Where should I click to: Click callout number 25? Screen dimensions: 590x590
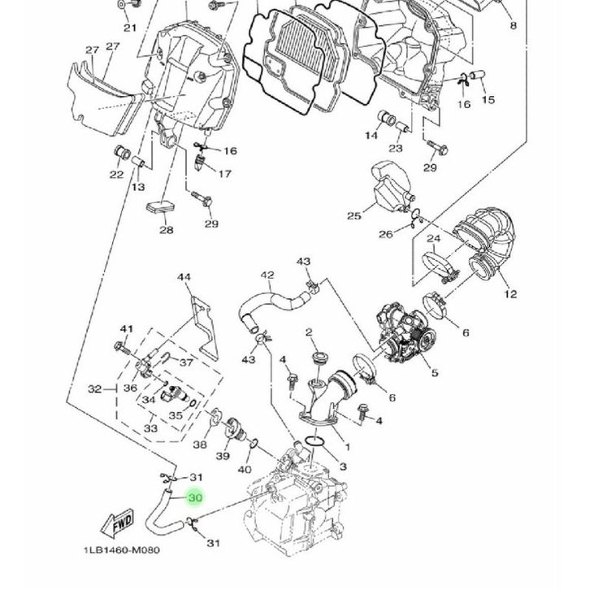(x=354, y=215)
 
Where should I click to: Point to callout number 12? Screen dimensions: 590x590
(x=510, y=293)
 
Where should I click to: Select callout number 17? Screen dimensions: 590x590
(x=225, y=173)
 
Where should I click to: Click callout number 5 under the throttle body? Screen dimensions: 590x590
(x=435, y=373)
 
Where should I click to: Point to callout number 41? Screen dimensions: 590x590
(x=126, y=328)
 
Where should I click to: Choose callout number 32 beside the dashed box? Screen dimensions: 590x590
(x=94, y=389)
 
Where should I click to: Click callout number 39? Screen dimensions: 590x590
(x=222, y=457)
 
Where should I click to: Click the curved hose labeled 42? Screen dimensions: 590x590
(x=260, y=301)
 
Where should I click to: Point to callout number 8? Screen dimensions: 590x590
(x=513, y=26)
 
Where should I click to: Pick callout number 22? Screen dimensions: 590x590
(x=116, y=174)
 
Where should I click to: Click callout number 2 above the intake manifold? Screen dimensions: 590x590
(x=310, y=332)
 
